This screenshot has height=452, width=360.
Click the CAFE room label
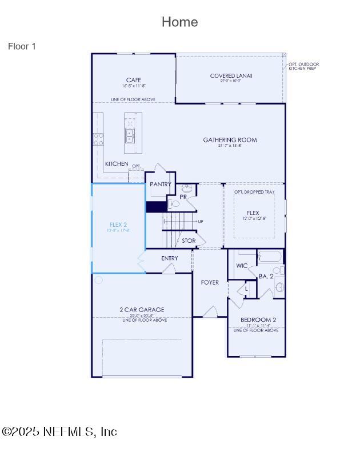(x=134, y=80)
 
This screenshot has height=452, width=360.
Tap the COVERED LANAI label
(x=231, y=75)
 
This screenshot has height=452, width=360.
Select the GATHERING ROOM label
(x=230, y=140)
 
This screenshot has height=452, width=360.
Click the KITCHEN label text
(x=117, y=164)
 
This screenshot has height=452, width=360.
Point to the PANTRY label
(x=160, y=185)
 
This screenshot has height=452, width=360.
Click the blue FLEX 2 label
(x=118, y=225)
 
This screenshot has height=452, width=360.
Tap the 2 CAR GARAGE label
(x=142, y=310)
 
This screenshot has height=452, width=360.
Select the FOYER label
(x=210, y=282)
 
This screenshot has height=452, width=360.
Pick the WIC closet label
(x=242, y=266)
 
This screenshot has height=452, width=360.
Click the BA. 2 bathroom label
(x=266, y=276)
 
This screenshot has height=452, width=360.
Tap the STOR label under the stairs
(x=189, y=241)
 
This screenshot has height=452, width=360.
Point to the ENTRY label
(x=170, y=258)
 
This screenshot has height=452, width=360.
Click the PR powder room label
(x=183, y=197)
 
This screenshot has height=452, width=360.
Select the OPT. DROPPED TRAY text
(x=253, y=191)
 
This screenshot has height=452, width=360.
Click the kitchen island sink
(x=130, y=135)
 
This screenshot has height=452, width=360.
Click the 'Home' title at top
(x=179, y=22)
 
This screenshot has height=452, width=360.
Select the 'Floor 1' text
(x=22, y=46)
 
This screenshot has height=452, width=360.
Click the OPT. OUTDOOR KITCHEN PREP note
(x=303, y=66)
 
